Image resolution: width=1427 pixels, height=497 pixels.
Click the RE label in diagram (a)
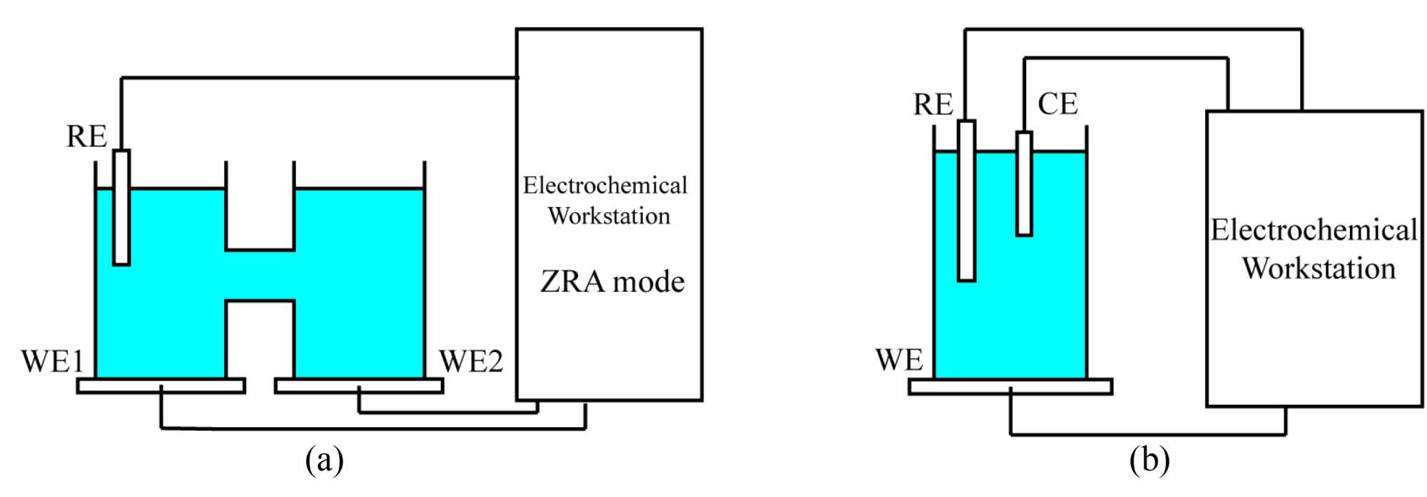86,136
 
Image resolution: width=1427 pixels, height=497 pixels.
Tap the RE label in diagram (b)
933,104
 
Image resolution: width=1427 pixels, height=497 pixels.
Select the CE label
1057,104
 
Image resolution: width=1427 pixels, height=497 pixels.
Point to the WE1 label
52,361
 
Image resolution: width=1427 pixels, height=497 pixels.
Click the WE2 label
471,361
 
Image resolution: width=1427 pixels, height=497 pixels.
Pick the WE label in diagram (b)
899,360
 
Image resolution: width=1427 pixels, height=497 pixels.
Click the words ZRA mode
612,282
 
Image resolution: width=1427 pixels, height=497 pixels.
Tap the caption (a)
324,461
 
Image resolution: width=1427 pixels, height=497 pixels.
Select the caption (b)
1149,461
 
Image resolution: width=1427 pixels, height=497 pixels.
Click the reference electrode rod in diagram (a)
121,207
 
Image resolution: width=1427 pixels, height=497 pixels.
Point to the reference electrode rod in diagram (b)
966,201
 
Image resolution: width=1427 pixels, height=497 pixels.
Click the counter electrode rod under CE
1024,184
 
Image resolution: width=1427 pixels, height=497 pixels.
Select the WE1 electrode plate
161,386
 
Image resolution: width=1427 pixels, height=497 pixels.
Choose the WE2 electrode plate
359,386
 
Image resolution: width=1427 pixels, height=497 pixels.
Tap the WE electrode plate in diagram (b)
1010,386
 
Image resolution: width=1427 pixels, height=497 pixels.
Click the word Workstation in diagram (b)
1319,268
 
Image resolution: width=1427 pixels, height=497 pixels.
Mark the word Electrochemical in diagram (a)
605,186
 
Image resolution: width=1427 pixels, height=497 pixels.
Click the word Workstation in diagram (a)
609,216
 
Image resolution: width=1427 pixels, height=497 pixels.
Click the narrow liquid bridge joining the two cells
260,276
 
